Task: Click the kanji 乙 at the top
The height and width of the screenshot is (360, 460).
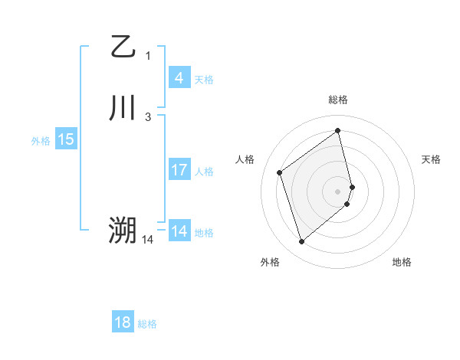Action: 122,47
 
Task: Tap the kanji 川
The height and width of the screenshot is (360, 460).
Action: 122,108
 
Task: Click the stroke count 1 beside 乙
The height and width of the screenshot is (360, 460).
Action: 148,55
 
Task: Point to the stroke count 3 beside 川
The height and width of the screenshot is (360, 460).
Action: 148,116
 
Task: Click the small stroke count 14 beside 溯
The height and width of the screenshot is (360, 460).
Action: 148,239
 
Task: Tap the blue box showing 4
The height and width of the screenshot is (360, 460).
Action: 179,78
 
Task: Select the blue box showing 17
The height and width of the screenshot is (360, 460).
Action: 179,170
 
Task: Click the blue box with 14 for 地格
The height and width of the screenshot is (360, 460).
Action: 179,231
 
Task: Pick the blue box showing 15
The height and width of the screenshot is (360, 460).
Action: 65,139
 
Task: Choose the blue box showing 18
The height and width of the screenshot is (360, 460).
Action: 123,322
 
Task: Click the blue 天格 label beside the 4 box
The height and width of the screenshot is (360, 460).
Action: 204,80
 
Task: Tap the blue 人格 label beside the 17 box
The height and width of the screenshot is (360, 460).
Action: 204,172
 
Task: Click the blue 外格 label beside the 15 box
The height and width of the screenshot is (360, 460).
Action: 41,141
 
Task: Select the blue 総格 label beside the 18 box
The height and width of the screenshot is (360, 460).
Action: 147,324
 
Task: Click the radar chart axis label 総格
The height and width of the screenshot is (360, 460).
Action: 338,100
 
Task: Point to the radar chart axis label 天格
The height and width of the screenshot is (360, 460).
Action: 432,159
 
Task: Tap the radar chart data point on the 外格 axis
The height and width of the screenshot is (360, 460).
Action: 301,242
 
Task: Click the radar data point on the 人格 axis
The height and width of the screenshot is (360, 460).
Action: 280,172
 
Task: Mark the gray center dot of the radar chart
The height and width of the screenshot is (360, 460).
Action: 338,191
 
